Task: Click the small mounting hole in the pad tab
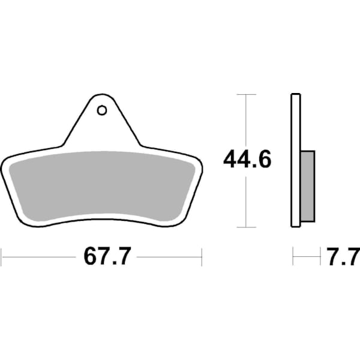pos(101,110)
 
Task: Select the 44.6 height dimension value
pos(247,160)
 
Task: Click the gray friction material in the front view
pos(102,186)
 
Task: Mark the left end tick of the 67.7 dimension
pos(1,257)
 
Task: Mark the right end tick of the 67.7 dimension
pos(202,257)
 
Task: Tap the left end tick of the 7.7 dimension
pos(293,257)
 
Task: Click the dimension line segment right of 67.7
pos(168,257)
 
